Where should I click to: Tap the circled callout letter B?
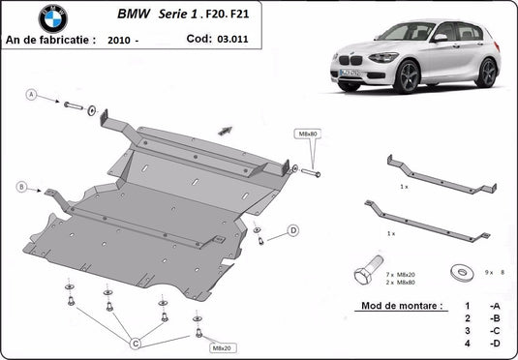tap(20, 186)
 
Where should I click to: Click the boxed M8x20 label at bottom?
tap(222, 347)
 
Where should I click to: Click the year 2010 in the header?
tap(119, 41)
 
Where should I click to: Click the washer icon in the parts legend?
tap(455, 272)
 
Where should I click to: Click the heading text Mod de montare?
tap(400, 305)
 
